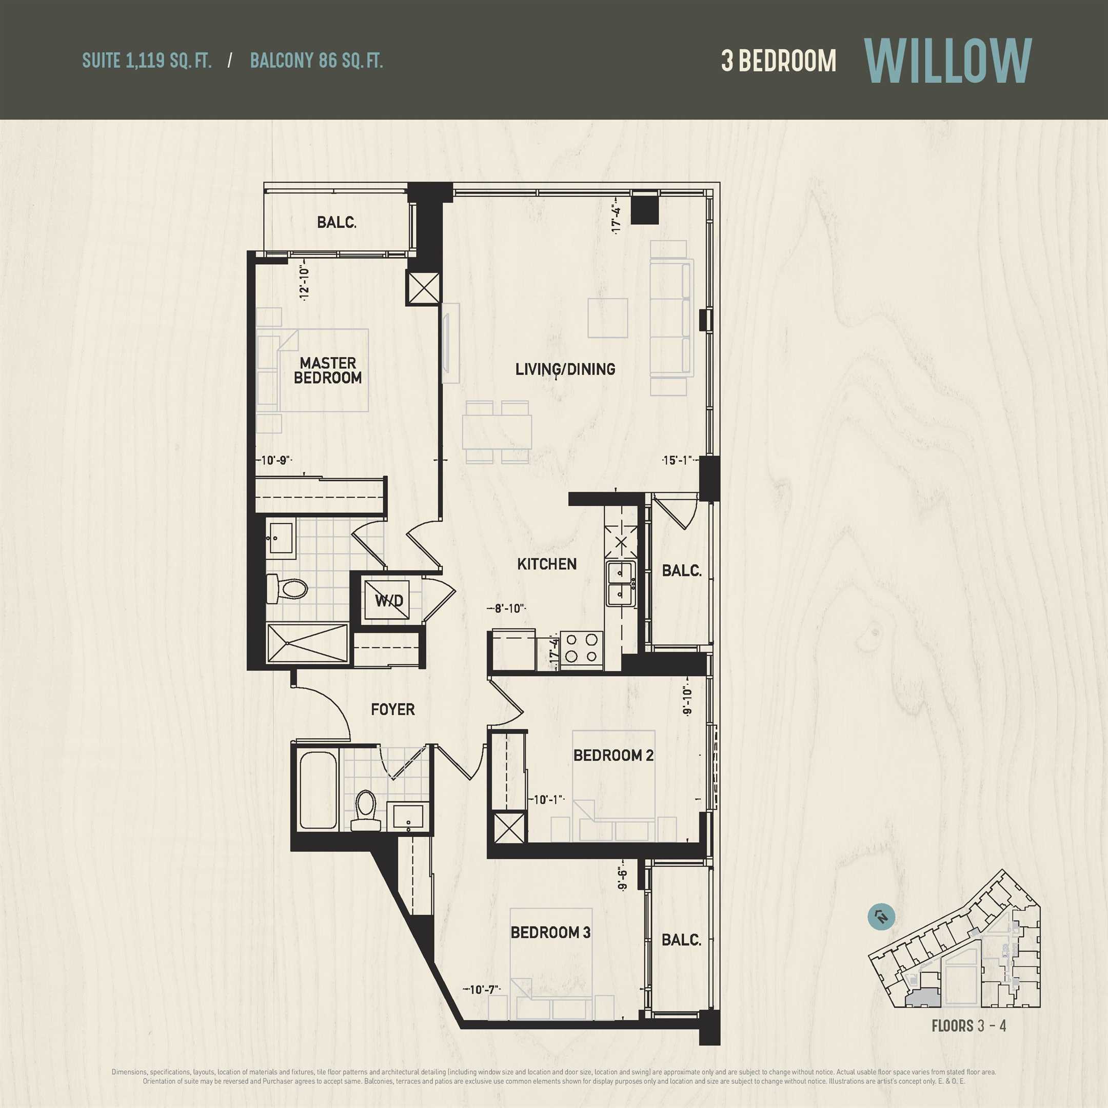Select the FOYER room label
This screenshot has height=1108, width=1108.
(393, 709)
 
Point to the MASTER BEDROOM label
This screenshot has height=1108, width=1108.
(328, 370)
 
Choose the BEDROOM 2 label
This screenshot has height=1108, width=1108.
(614, 755)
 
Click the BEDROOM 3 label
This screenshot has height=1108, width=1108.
(550, 933)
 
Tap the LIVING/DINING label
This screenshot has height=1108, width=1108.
(565, 369)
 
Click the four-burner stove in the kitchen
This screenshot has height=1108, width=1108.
(582, 647)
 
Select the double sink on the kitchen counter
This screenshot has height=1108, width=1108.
(621, 584)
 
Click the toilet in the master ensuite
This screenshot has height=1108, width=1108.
(287, 588)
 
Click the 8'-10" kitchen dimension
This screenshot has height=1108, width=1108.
(506, 608)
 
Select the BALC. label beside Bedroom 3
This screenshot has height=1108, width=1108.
(681, 939)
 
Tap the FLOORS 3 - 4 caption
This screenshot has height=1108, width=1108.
(968, 1025)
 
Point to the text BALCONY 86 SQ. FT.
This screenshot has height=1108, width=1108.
(316, 61)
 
